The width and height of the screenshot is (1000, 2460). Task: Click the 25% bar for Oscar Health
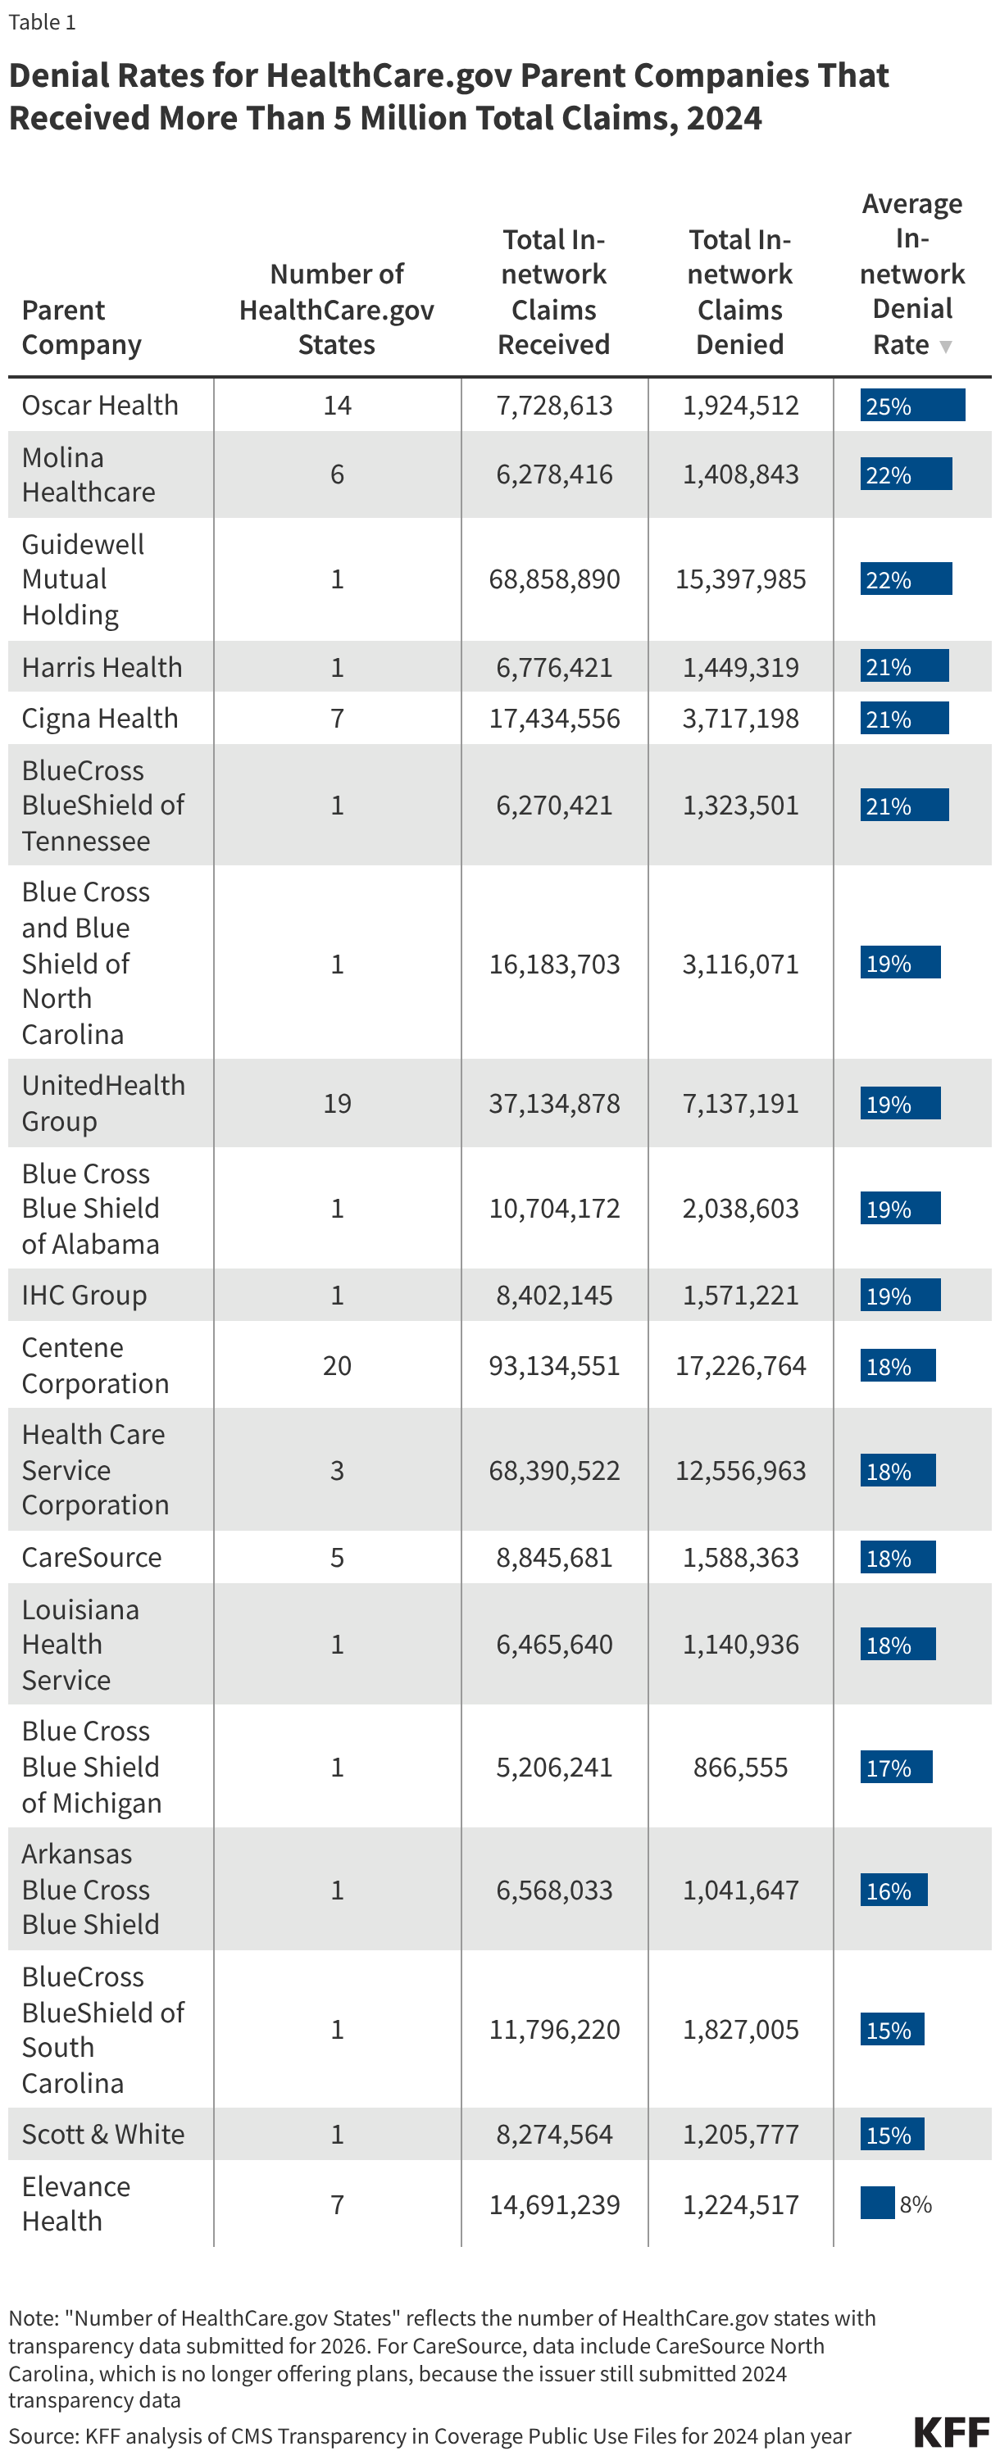[911, 405]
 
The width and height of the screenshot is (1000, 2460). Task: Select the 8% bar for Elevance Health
[877, 2204]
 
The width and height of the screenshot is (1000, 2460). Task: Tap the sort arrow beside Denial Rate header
[946, 346]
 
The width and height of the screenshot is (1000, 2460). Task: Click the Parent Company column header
[81, 327]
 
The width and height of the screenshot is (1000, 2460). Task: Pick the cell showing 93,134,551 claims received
[554, 1365]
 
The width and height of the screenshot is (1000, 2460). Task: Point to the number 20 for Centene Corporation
[336, 1365]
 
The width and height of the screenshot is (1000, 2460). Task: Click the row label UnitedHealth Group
[103, 1103]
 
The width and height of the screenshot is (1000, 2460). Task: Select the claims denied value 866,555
[740, 1767]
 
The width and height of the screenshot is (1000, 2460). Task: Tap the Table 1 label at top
[42, 22]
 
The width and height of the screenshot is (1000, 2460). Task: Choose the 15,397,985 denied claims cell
[740, 579]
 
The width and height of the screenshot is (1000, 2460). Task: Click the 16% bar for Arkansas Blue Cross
[893, 1890]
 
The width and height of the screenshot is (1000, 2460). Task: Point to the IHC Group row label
[84, 1295]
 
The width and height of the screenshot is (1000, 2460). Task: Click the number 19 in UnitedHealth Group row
[336, 1103]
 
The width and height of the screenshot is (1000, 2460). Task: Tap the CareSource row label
[92, 1557]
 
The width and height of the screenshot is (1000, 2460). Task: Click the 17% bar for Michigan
[895, 1767]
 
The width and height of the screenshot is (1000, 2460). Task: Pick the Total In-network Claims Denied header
[740, 291]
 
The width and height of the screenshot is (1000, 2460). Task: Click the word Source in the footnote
[42, 2435]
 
